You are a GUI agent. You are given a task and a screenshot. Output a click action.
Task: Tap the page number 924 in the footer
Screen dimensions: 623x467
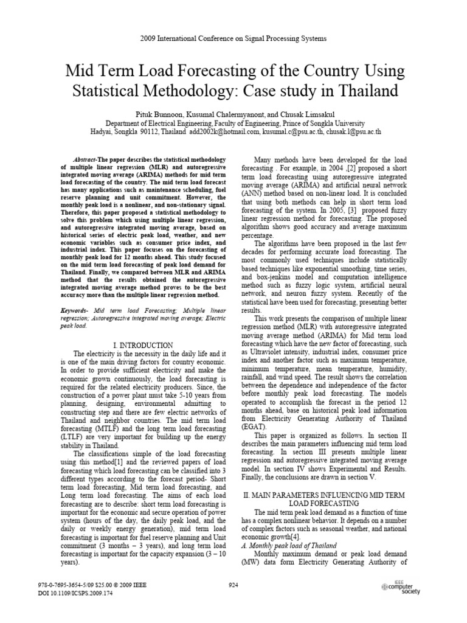pyautogui.click(x=233, y=601)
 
